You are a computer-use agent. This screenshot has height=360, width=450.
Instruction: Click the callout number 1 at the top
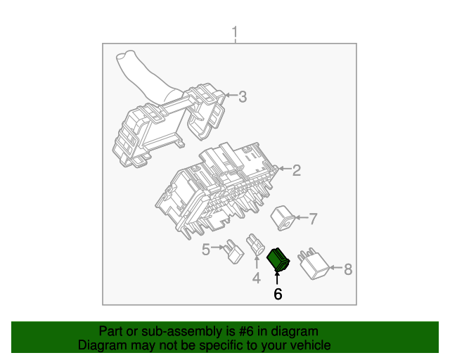235,32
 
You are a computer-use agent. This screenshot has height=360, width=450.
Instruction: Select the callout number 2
297,169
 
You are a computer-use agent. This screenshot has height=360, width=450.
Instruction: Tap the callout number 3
243,97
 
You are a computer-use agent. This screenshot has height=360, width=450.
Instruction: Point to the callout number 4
256,278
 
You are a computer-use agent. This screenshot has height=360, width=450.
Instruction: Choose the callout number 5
206,249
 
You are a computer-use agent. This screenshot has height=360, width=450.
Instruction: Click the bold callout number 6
278,294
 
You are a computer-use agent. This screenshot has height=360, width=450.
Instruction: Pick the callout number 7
313,219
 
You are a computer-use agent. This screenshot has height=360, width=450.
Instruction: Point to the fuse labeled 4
255,248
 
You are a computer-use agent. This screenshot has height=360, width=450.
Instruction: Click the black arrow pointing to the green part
277,278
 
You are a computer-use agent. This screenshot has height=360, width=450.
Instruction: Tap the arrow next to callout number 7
301,219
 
